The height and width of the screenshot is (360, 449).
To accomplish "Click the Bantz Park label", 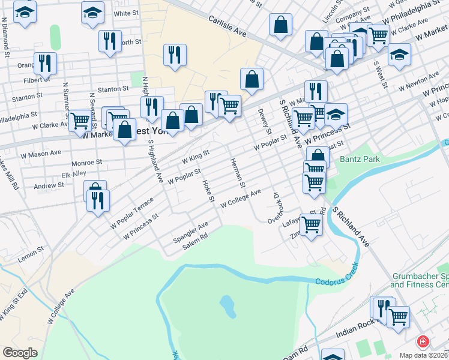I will coord(357,160).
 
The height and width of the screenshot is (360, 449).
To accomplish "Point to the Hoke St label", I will coord(208,191).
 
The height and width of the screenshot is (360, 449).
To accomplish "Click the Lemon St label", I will coord(32,249).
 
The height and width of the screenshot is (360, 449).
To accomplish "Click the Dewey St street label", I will coord(262,121).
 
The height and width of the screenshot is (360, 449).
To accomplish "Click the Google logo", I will coord(20,352).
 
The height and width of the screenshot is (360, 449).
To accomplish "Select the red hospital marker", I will coord(423,341).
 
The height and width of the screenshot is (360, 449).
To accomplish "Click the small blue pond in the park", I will coord(228,306).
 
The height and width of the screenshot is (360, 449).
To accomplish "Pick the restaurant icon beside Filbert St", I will coord(45,62).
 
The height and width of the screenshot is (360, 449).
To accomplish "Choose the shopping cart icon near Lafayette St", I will coord(310,224).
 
